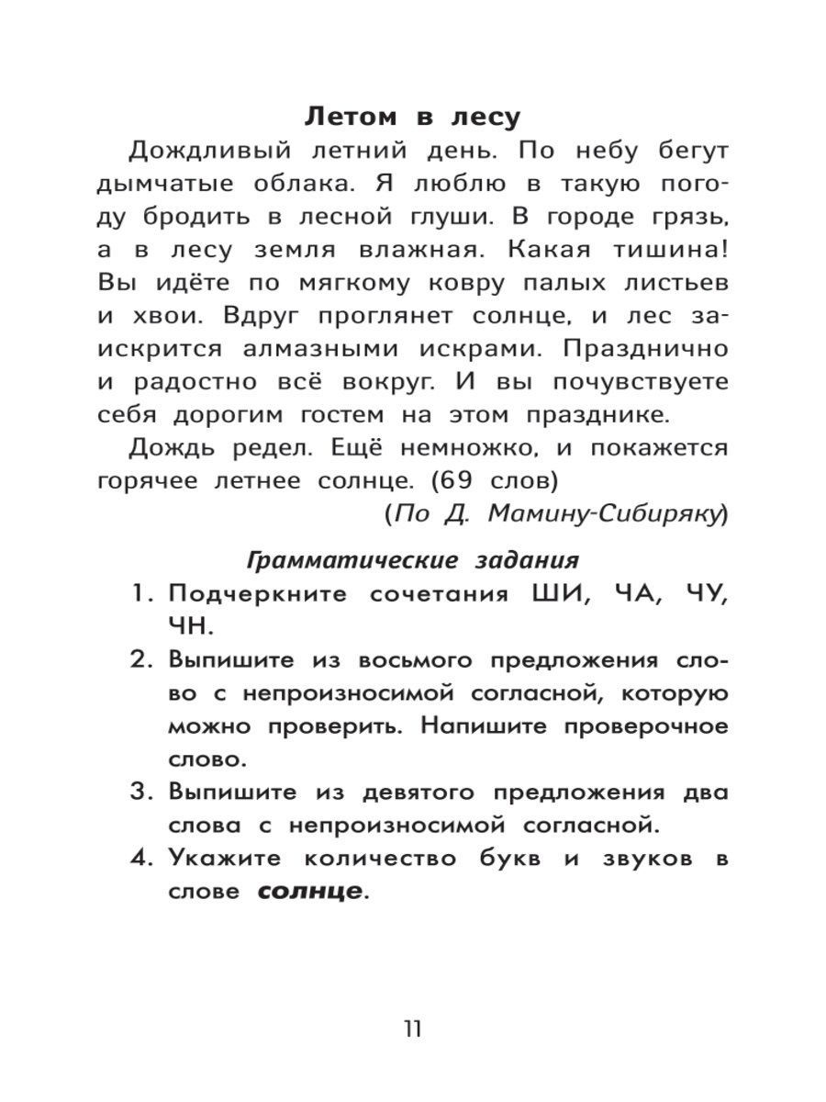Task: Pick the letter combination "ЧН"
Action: [x=189, y=626]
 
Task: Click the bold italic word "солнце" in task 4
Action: [x=308, y=891]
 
